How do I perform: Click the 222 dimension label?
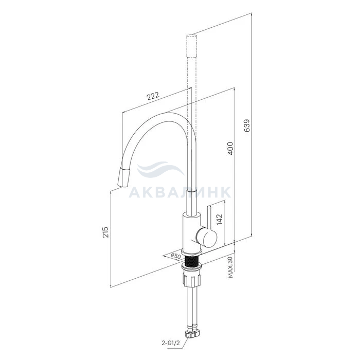coord(153,96)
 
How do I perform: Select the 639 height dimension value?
coord(247,125)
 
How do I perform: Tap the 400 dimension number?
coord(230,148)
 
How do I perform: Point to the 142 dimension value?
coord(220,219)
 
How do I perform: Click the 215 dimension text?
coord(105,232)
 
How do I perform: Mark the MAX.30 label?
coord(230,267)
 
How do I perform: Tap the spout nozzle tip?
coord(123,177)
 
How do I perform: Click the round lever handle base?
coord(206,238)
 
